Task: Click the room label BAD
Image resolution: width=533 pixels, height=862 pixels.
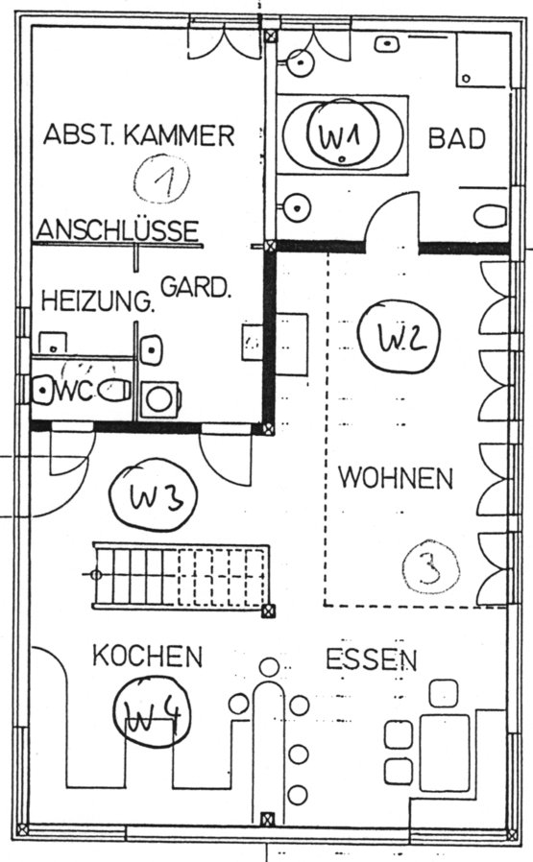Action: [x=456, y=138]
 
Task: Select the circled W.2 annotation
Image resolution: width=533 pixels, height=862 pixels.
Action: [x=399, y=337]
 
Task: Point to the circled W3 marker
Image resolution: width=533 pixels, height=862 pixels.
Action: [x=154, y=495]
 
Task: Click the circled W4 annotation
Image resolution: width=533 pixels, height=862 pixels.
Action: [x=152, y=712]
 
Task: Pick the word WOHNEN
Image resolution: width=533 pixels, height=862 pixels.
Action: [x=396, y=478]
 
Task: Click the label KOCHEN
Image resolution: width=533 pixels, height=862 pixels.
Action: [x=147, y=656]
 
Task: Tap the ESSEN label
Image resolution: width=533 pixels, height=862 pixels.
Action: [x=372, y=659]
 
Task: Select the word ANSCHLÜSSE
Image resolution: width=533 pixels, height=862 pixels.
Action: [x=117, y=229]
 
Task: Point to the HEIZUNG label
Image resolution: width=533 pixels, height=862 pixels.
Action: [x=97, y=300]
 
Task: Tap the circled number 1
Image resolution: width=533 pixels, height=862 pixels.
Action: [x=161, y=179]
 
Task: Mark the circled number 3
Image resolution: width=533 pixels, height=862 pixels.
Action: [x=430, y=569]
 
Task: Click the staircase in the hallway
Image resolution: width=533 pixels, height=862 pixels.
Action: [x=181, y=576]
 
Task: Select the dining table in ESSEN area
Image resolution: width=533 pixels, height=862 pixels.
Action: [x=445, y=752]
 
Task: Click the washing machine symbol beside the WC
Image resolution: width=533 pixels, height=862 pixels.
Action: [x=159, y=399]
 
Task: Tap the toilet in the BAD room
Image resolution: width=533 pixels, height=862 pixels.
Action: [x=491, y=217]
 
